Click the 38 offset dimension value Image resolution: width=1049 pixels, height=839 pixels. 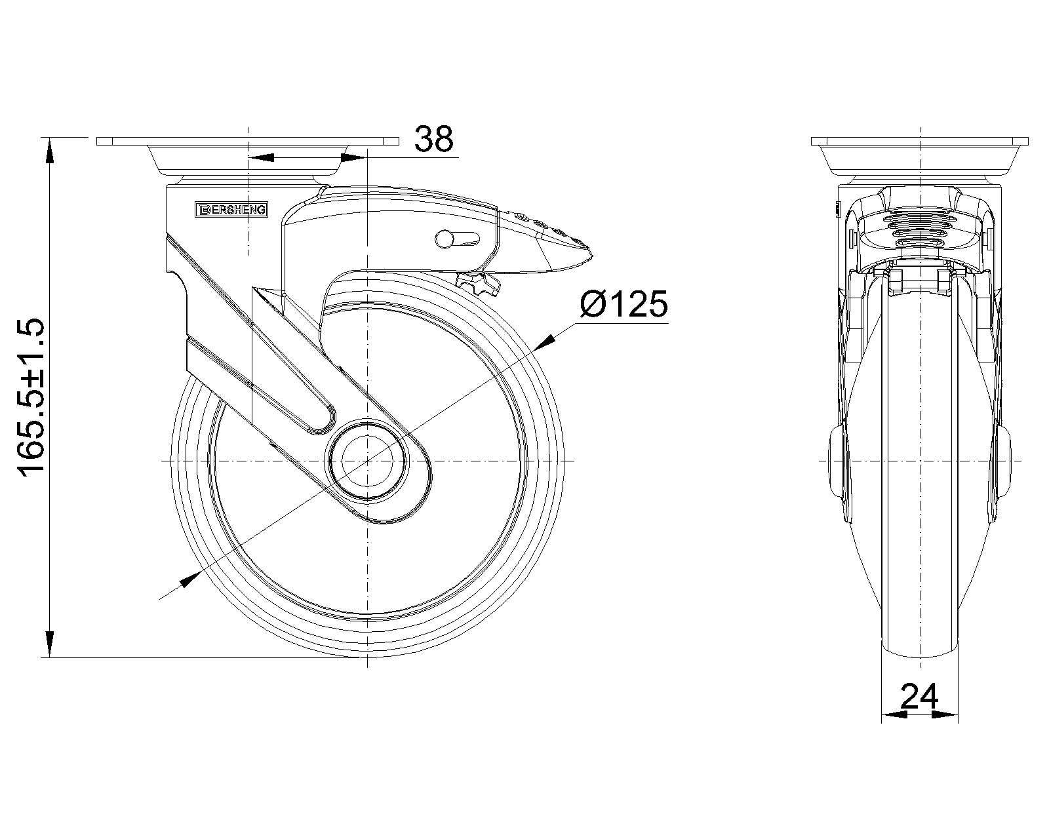coord(433,139)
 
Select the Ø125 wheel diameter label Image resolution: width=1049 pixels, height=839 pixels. coord(624,303)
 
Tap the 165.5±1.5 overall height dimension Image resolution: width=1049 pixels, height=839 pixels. coord(31,395)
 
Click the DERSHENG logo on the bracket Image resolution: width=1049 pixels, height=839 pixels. coord(231,210)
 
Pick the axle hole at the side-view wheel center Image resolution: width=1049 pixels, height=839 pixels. coord(368,461)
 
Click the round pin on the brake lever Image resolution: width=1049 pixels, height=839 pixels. coord(444,239)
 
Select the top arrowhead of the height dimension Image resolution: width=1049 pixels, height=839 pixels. coord(49,149)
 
